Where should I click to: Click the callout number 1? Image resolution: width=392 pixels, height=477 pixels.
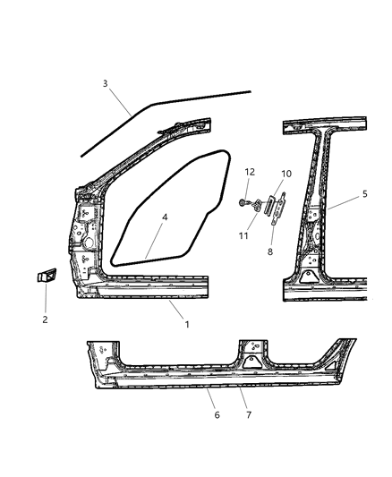(187, 324)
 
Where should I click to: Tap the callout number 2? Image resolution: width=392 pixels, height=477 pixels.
(45, 319)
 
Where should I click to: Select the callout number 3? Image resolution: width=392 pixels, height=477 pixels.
(106, 84)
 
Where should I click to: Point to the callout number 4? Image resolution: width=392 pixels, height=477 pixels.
(165, 217)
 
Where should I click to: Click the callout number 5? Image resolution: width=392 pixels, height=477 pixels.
(364, 194)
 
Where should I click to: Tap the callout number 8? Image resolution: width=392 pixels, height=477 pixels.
(269, 252)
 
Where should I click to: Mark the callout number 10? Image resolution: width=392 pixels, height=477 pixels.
(286, 174)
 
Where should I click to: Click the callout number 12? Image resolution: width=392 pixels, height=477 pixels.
(251, 172)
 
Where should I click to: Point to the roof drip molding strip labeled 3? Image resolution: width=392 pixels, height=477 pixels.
(170, 101)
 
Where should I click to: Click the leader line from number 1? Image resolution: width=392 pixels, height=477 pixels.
(176, 311)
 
